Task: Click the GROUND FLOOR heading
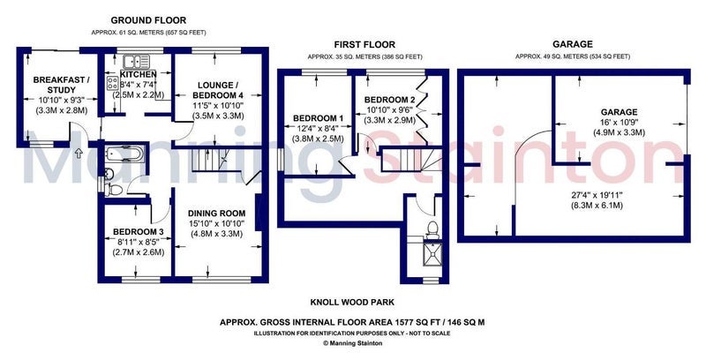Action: tap(148, 20)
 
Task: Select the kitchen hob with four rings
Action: tap(112, 83)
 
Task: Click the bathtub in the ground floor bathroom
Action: tap(124, 154)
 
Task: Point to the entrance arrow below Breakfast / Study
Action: tap(79, 154)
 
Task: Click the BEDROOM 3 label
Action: tap(138, 232)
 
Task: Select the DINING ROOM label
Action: tap(216, 214)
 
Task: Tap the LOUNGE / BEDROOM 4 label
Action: tap(218, 90)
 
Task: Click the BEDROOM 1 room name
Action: tap(319, 118)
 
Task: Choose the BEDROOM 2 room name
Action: tap(390, 100)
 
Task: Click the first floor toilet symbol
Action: tap(432, 229)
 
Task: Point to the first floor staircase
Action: tap(409, 160)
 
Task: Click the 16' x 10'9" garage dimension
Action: tap(620, 123)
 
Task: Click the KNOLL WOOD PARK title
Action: tap(352, 302)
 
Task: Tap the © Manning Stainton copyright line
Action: tap(352, 343)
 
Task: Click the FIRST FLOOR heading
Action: tap(364, 44)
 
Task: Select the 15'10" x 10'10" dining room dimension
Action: tap(216, 223)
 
